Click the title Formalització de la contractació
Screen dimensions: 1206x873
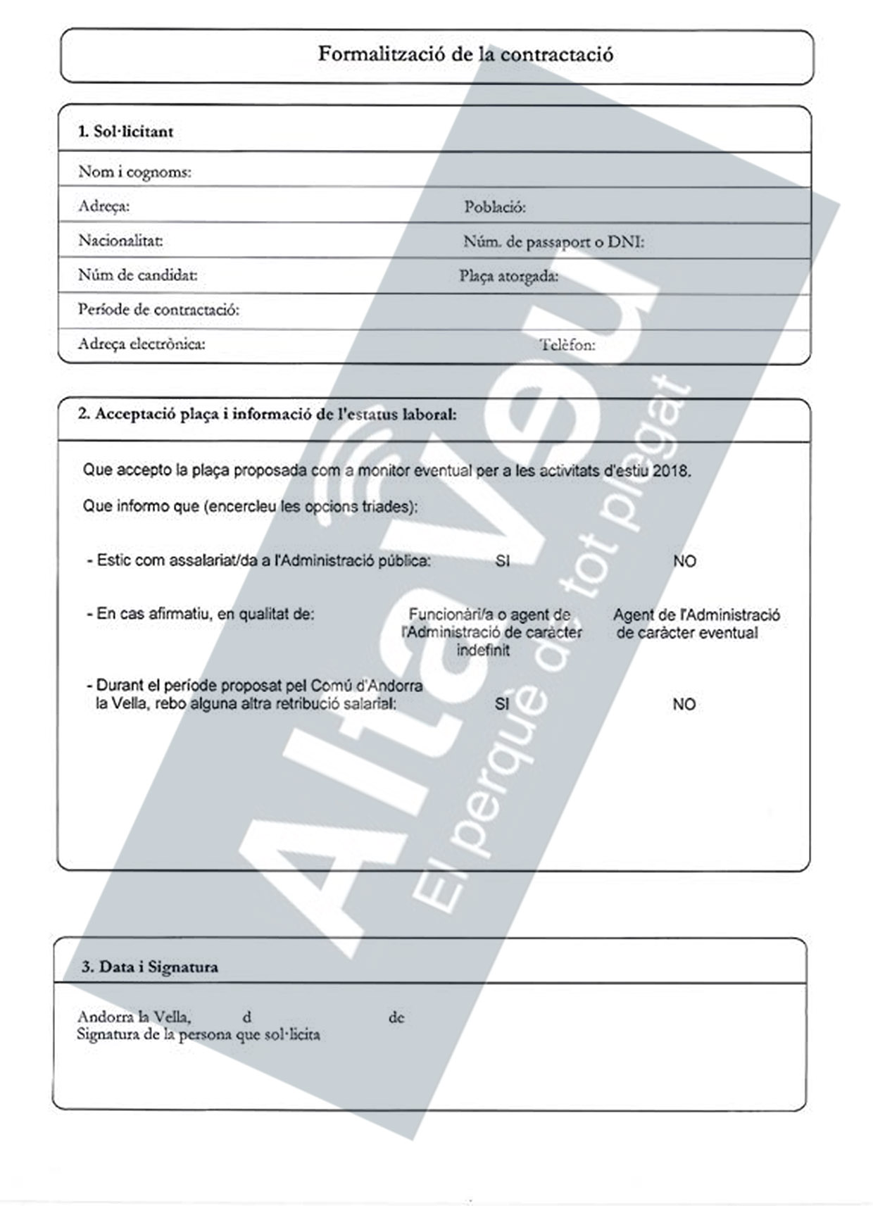(465, 54)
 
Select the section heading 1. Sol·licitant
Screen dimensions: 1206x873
(125, 132)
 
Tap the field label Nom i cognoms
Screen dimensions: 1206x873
(134, 172)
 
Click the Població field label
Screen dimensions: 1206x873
(494, 207)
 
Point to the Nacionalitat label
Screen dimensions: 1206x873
(120, 241)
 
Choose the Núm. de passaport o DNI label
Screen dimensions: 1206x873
(553, 242)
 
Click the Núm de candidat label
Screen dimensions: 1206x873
(137, 275)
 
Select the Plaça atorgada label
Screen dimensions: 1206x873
(508, 277)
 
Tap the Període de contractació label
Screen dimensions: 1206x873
(158, 310)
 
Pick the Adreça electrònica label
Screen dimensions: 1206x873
(142, 344)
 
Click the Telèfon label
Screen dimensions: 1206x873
(567, 345)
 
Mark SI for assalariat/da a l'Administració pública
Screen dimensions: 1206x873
(502, 561)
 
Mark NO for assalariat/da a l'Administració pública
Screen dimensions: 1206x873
(684, 562)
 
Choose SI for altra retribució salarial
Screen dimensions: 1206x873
(502, 704)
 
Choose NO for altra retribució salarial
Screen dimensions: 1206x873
(684, 704)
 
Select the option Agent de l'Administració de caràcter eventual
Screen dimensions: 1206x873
(696, 624)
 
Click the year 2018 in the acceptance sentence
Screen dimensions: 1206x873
(671, 471)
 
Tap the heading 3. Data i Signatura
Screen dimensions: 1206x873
(149, 967)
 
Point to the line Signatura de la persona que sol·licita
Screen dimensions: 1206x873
(198, 1035)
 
